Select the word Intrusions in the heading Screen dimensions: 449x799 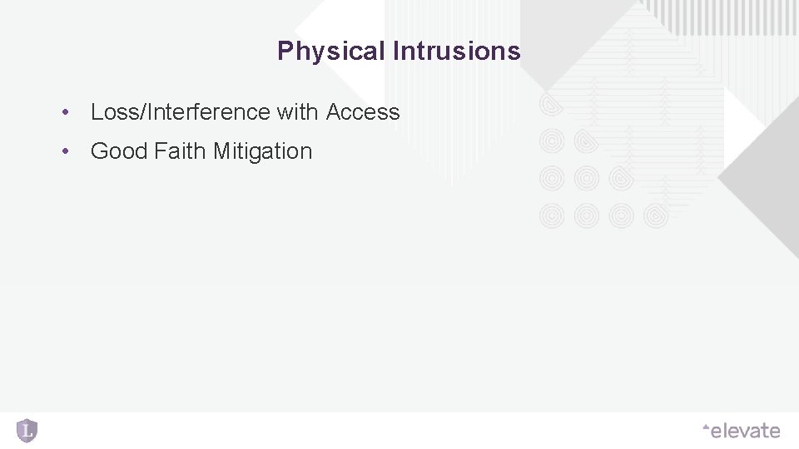[x=456, y=52]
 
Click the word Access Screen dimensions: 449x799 [x=363, y=112]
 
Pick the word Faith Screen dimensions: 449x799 [x=181, y=151]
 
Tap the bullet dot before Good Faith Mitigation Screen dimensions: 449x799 [x=64, y=152]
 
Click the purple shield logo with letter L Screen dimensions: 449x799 [x=27, y=430]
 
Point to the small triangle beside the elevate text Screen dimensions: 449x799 [x=706, y=427]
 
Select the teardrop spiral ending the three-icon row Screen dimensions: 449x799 [x=622, y=179]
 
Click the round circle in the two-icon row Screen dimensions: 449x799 [x=552, y=142]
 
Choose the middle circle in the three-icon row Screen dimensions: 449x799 [x=587, y=179]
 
